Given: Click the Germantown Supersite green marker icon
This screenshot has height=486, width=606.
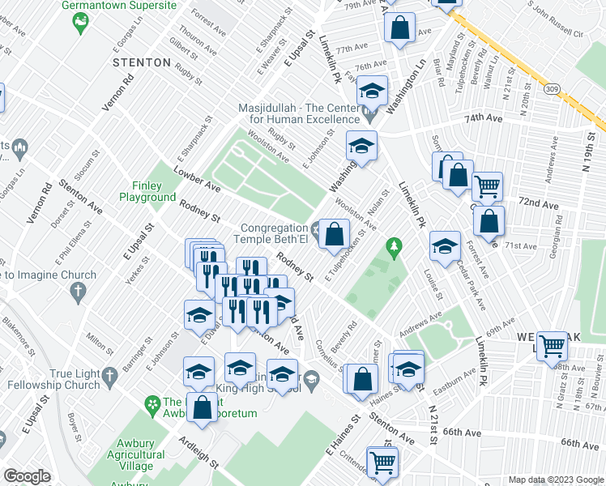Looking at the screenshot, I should (79, 24).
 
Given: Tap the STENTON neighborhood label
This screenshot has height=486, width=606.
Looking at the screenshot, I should (142, 62).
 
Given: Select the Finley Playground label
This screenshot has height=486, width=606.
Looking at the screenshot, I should (147, 191).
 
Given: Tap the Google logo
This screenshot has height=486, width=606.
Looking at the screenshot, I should (27, 476).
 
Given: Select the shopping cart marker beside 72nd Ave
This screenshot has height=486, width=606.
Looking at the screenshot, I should (487, 185).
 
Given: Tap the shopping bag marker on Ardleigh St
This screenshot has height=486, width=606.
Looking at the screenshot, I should (203, 407).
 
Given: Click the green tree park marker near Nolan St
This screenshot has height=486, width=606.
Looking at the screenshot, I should (395, 245).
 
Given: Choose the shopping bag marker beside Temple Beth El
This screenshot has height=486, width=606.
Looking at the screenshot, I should (333, 234).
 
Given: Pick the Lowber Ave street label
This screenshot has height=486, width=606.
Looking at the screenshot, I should (197, 178).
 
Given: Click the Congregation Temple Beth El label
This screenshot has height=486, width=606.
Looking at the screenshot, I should (271, 233).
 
